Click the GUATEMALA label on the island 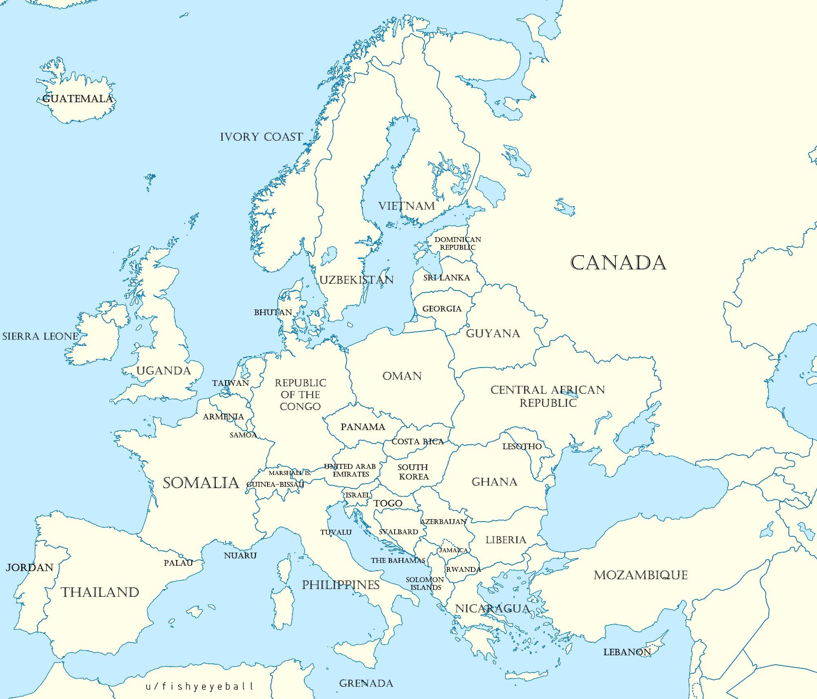[x=78, y=99]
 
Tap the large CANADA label [x=618, y=263]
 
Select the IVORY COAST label [x=261, y=137]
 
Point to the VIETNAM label [x=407, y=206]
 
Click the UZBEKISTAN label [x=356, y=280]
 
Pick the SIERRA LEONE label [x=40, y=336]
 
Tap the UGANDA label [x=164, y=371]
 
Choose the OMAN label [x=402, y=376]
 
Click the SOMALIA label [x=201, y=483]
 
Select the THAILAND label [x=100, y=592]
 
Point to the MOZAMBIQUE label [x=641, y=576]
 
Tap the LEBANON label [x=627, y=652]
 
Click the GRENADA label [x=366, y=683]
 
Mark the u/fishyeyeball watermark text [x=200, y=686]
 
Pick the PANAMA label [x=363, y=427]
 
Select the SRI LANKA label [x=446, y=278]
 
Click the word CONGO [x=300, y=407]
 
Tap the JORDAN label [x=29, y=567]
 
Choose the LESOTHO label [x=522, y=446]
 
